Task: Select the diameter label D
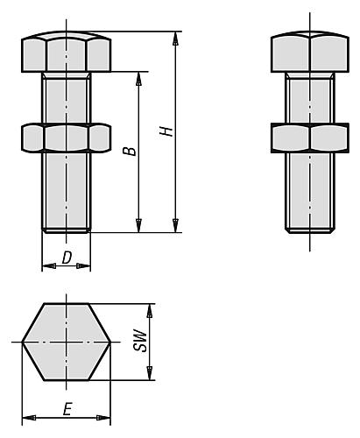point(67,258)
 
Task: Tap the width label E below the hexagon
point(67,408)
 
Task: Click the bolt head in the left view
point(67,54)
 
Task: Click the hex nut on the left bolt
point(67,137)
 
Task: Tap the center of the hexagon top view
point(67,342)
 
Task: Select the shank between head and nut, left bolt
point(67,98)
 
